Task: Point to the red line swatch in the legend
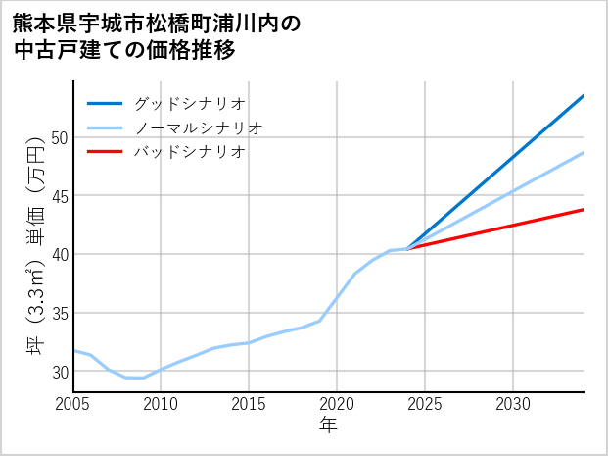(105, 152)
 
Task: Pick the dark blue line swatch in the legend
(105, 103)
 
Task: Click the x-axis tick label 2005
(72, 404)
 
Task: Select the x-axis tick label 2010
(161, 404)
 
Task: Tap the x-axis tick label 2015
(249, 404)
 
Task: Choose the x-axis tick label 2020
(337, 404)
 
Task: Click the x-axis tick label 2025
(425, 404)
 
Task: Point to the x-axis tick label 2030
(513, 404)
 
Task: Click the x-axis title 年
(328, 426)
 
